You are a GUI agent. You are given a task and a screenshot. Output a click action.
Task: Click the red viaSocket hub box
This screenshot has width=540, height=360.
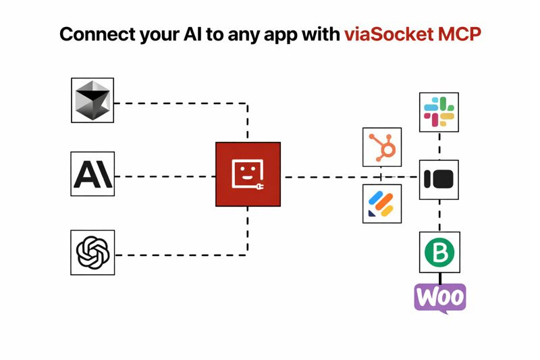tap(248, 175)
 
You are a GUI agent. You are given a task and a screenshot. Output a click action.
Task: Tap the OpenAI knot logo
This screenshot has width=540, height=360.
tap(92, 253)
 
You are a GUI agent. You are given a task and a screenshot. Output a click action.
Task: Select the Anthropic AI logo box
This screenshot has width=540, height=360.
tap(92, 174)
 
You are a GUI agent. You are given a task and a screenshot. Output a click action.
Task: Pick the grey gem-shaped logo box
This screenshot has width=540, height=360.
tap(92, 100)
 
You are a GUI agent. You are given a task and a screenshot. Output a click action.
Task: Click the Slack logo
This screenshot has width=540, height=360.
tap(439, 112)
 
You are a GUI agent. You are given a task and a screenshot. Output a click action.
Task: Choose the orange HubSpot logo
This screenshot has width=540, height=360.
tap(382, 146)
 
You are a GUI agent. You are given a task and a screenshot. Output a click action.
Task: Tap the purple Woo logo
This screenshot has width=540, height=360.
tap(439, 297)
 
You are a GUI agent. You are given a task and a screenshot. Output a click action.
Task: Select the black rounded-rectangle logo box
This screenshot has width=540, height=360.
tap(439, 179)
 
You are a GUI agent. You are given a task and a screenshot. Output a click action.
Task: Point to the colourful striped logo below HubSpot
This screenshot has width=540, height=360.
tap(382, 203)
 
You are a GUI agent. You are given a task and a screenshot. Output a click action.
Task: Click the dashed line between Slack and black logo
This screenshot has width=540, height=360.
tap(440, 146)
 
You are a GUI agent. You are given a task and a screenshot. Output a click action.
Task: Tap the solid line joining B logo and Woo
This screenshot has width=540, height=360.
tap(440, 277)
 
